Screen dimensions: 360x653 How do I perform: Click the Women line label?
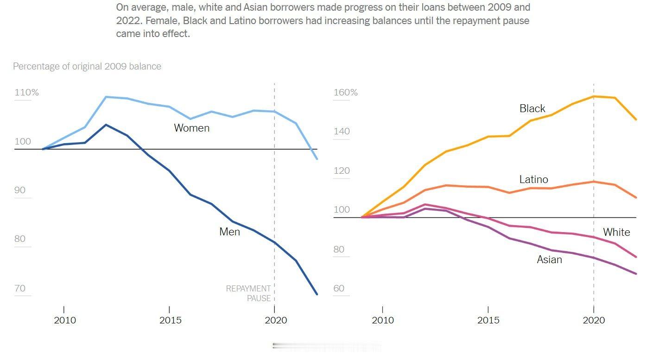click(x=191, y=128)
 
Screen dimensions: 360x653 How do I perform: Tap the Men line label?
click(x=229, y=232)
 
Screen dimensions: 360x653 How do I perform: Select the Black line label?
click(x=532, y=108)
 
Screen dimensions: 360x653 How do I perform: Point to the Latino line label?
click(x=533, y=179)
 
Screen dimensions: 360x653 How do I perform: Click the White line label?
click(x=616, y=232)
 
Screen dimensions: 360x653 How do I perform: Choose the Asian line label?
click(x=549, y=259)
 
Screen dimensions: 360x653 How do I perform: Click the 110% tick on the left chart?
click(x=27, y=92)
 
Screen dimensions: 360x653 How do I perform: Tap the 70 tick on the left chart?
click(x=20, y=288)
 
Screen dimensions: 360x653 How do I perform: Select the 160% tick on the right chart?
click(x=346, y=92)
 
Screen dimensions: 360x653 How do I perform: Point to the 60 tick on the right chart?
click(x=339, y=288)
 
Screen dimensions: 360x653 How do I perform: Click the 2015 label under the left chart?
click(x=169, y=320)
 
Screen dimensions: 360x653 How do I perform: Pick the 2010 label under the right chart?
click(x=383, y=320)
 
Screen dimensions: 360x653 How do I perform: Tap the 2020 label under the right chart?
click(x=594, y=320)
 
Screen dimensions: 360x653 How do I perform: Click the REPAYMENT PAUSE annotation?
click(x=248, y=293)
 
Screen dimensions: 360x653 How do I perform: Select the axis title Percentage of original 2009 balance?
click(x=87, y=66)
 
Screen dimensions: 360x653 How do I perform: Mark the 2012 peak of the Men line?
click(x=106, y=125)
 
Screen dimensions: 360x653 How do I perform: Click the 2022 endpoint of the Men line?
click(x=317, y=294)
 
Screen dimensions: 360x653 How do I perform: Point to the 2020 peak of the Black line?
click(x=594, y=96)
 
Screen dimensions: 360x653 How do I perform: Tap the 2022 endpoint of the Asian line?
click(x=636, y=274)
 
